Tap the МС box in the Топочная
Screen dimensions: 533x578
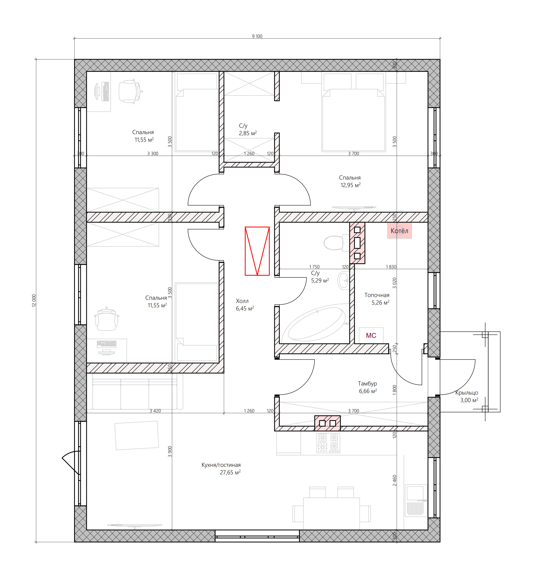pos(371,335)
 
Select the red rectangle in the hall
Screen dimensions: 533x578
pos(257,251)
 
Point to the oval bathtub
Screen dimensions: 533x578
pos(316,323)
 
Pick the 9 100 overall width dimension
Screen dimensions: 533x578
pos(257,36)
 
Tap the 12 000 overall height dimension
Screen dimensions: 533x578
pos(34,300)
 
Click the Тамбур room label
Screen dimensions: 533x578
pos(367,383)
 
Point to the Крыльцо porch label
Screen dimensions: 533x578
pos(467,393)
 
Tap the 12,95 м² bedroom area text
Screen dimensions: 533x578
pos(350,185)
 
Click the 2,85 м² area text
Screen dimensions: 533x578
pos(247,133)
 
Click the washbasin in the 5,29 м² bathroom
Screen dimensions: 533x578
pos(343,280)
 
